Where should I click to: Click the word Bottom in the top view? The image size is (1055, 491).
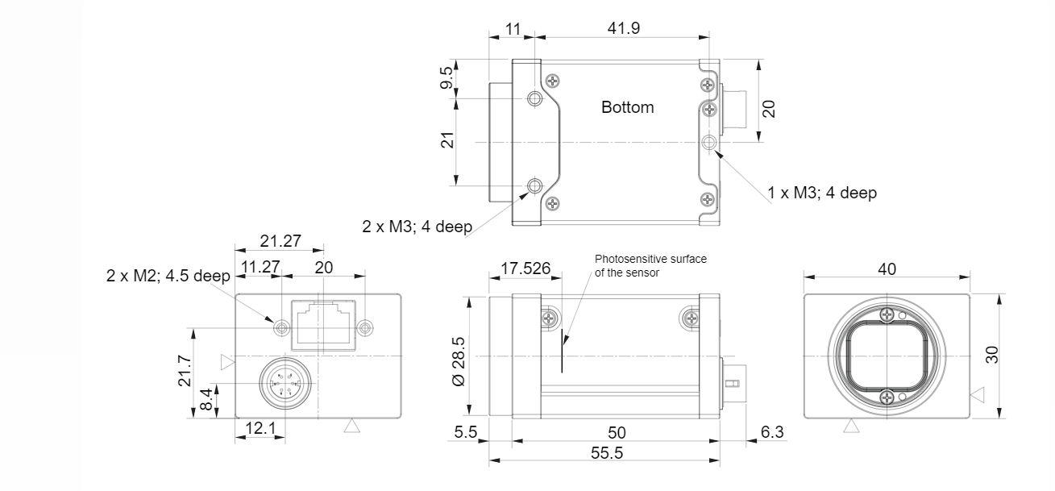point(628,107)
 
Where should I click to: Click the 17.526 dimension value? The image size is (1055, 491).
point(521,268)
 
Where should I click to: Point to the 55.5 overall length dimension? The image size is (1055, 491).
point(606,454)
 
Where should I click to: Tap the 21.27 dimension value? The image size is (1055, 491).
point(278,239)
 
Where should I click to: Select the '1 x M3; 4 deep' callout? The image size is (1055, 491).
point(821,193)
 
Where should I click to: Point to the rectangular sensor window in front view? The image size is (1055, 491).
point(887,356)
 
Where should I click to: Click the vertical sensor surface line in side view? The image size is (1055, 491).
point(563,354)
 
